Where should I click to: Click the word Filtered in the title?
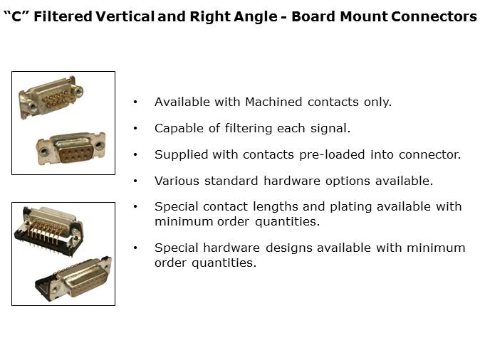coord(63,16)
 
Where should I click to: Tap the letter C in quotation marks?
coord(16,16)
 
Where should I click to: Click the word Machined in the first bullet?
coord(273,102)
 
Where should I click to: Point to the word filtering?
coord(249,129)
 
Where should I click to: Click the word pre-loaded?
coord(332,155)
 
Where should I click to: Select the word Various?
coord(177,181)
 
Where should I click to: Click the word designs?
coord(288,248)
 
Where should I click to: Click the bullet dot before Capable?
coord(135,129)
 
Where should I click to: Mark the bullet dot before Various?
coord(135,181)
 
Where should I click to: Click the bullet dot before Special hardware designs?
coord(135,248)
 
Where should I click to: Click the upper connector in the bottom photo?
coord(49,230)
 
